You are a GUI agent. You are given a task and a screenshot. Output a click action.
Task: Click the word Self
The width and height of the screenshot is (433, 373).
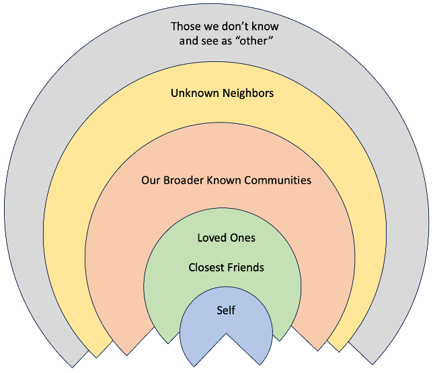click(226, 310)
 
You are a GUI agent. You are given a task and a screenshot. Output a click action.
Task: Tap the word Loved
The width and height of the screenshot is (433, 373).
click(212, 238)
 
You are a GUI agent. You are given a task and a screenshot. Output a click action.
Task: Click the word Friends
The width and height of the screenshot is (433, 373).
click(245, 267)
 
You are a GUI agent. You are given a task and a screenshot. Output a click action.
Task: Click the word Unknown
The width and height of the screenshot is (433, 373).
click(193, 93)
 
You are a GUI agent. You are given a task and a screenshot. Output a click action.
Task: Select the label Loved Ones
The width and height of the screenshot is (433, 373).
click(226, 238)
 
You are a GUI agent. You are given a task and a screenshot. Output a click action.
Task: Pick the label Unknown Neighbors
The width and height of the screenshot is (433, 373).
click(222, 93)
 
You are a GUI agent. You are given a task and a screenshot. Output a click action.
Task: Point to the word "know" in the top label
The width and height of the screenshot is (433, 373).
click(264, 27)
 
